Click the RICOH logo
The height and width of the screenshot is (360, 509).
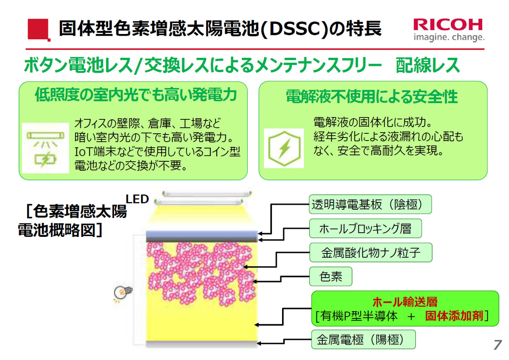coord(448,25)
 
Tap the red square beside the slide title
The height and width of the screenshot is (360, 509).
coord(39,30)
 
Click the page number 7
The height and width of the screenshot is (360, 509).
coord(498,345)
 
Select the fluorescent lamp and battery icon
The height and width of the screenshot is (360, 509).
coord(45,148)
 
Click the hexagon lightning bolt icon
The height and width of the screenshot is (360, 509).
coord(284,148)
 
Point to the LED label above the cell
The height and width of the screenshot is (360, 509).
coord(137,199)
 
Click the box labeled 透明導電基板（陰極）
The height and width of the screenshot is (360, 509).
coord(370,204)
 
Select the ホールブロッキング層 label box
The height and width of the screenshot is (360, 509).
coord(365,228)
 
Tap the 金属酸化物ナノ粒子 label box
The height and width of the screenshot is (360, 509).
coord(371,253)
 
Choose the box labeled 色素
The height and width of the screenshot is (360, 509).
coord(330,276)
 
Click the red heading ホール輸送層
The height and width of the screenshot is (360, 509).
coord(405,302)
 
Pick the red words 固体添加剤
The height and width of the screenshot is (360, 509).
coord(454,316)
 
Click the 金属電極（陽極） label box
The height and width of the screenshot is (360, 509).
coord(364,339)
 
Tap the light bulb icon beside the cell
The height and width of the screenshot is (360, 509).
coord(123,292)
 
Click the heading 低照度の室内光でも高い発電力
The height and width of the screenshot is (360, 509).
coord(136,95)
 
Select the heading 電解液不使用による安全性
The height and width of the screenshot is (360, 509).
coord(372,96)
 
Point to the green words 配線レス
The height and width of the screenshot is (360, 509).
coord(428,65)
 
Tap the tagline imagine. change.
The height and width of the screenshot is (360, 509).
coord(449,37)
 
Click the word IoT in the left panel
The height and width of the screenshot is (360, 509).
coord(83,152)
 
